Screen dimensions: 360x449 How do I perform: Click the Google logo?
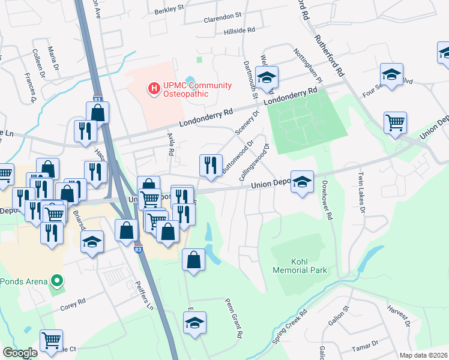[x=20, y=353]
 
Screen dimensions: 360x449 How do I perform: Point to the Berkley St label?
[x=169, y=9]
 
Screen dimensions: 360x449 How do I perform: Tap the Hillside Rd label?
[x=239, y=29]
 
